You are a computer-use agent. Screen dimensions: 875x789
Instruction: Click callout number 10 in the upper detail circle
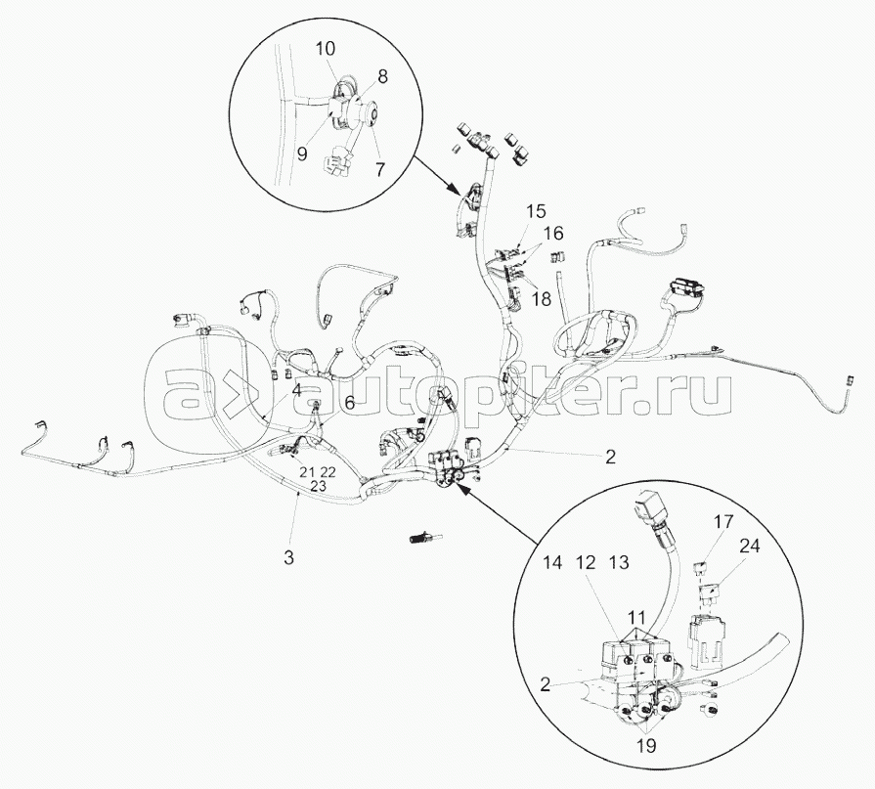(326, 49)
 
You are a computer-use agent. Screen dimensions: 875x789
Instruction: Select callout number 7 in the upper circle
(379, 169)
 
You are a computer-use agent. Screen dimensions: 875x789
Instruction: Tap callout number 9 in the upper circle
(301, 153)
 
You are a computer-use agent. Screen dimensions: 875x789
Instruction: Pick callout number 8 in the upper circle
(382, 76)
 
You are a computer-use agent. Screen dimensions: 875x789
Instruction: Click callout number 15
(535, 211)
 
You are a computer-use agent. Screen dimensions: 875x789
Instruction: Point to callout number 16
(552, 233)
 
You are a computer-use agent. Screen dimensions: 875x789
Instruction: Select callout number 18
(542, 298)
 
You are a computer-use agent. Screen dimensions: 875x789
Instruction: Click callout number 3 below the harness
(288, 557)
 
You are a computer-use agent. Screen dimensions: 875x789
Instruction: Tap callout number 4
(296, 389)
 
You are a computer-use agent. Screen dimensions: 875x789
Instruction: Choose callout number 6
(349, 403)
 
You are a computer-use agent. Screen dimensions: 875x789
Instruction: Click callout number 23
(318, 486)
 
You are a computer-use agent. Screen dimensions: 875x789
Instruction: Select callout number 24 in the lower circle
(749, 546)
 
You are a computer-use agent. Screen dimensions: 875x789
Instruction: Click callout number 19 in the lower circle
(647, 745)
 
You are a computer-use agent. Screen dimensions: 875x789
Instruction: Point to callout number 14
(552, 562)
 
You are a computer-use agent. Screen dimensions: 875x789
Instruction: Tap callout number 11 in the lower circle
(636, 618)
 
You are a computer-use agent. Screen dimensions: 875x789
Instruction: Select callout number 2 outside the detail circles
(610, 457)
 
